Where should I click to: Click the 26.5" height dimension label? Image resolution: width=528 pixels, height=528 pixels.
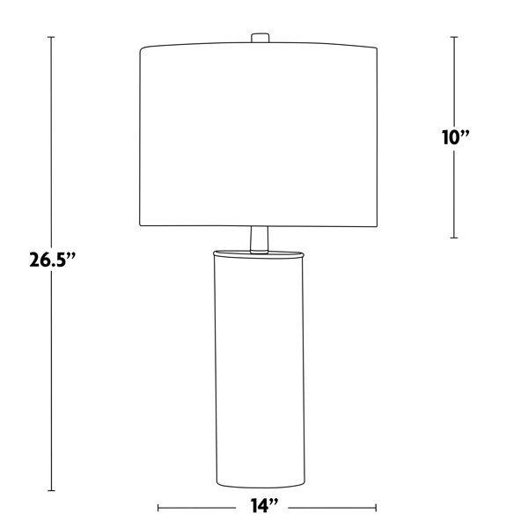(52, 260)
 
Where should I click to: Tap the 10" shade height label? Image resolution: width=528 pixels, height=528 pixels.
(455, 137)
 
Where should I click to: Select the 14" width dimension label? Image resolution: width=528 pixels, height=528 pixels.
(264, 506)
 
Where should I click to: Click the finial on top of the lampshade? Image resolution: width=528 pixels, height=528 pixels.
(260, 38)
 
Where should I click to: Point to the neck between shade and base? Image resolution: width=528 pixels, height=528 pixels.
(260, 239)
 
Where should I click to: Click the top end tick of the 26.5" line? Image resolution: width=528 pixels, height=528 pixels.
(51, 37)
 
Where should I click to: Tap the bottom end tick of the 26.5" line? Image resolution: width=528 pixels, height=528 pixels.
(51, 490)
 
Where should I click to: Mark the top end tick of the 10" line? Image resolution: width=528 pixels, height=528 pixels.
(454, 37)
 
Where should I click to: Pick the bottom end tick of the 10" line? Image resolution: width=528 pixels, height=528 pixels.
(454, 238)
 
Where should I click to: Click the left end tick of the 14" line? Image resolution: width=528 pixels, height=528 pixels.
(158, 508)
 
